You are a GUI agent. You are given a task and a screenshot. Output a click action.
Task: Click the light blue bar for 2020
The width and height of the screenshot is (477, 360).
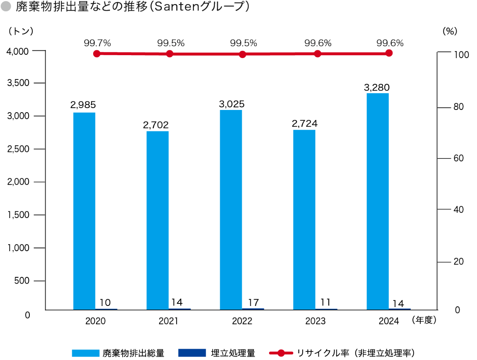84,211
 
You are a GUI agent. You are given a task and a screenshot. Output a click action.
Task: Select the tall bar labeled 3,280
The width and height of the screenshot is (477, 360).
378,201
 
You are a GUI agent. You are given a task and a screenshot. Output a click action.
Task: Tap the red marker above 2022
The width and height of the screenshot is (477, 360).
243,54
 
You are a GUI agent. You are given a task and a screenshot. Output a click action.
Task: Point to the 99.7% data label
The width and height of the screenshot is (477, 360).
97,43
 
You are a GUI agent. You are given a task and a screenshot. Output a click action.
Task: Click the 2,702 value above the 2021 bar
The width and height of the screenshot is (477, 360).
156,125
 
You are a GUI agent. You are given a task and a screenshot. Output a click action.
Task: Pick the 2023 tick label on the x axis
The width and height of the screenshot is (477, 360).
315,321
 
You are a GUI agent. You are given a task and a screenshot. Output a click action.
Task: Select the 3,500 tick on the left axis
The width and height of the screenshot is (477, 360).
18,83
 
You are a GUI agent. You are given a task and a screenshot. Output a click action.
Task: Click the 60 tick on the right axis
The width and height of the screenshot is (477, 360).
458,158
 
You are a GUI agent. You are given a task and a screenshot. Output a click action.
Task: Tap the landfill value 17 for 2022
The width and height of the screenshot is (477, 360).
253,303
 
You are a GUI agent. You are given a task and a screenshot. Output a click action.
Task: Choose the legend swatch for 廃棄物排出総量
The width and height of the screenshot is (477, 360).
86,353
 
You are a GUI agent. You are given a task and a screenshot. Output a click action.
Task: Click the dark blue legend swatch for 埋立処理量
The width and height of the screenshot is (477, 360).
192,353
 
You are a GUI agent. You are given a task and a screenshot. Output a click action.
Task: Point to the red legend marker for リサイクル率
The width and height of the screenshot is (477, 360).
281,353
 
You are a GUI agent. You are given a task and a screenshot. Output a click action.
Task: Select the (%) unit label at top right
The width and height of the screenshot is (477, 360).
450,31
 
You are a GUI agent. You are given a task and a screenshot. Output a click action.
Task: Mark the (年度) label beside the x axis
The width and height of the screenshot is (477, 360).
424,320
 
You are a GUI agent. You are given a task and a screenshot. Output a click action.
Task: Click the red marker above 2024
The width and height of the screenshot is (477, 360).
389,53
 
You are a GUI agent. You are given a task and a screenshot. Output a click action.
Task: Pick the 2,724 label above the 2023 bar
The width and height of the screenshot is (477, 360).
305,123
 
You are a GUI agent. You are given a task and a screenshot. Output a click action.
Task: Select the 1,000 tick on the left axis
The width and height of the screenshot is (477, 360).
18,248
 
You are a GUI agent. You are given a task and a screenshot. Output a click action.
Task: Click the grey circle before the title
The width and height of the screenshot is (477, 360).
6,7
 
